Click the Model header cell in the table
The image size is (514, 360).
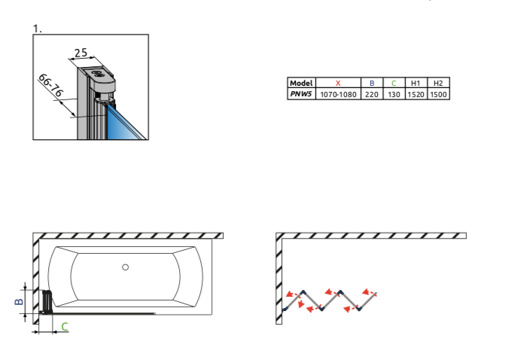(301, 83)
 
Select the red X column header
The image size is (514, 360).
(338, 84)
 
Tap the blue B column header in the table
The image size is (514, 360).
(372, 84)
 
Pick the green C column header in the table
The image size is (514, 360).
(394, 84)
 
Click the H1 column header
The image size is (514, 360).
(415, 84)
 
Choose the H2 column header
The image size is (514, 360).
(438, 84)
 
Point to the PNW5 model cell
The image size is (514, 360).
(301, 94)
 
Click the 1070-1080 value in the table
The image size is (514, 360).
(338, 94)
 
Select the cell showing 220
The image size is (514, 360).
(372, 94)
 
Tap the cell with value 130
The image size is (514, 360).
(394, 94)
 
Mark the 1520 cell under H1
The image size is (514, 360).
(415, 94)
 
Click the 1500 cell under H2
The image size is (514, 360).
(438, 94)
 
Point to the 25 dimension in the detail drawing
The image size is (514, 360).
(81, 53)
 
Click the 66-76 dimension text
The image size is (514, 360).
(51, 85)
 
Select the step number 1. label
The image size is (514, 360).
(38, 29)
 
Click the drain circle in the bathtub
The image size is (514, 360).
(125, 267)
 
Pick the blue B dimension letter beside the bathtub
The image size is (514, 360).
(19, 301)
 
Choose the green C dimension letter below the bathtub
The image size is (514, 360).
(65, 327)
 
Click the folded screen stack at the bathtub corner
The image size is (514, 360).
(47, 301)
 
